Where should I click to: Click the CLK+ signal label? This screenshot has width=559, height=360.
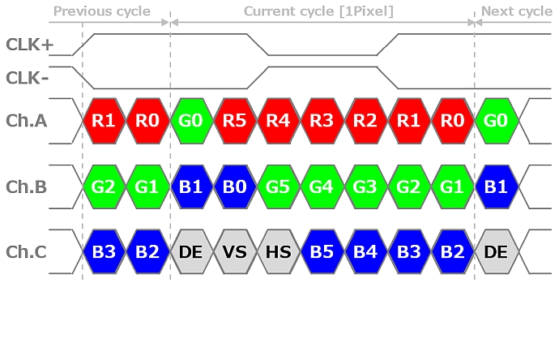click(x=30, y=45)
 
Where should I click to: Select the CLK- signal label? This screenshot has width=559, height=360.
click(x=27, y=78)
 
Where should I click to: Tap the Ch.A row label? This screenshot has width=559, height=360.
click(x=27, y=121)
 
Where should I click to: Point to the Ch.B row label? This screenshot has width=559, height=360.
click(x=27, y=186)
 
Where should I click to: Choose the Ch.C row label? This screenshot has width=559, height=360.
click(x=27, y=252)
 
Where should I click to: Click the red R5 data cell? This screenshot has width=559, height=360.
click(x=235, y=121)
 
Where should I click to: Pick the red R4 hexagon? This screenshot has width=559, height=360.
click(x=279, y=121)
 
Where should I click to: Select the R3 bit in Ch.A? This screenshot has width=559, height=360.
click(x=322, y=121)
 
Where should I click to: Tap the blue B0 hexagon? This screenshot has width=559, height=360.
click(x=235, y=186)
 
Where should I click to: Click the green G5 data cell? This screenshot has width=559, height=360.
click(x=279, y=186)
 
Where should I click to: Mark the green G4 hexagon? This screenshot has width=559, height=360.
click(x=322, y=186)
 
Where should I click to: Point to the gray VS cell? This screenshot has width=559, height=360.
click(x=235, y=252)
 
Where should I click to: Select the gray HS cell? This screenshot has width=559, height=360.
click(x=279, y=252)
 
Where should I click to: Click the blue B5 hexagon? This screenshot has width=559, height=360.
click(x=322, y=252)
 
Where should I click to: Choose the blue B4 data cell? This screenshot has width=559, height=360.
click(x=365, y=252)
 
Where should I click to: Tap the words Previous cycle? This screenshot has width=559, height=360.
click(x=102, y=11)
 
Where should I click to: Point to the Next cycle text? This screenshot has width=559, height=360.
click(x=517, y=11)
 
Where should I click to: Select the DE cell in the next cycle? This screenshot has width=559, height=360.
click(x=496, y=252)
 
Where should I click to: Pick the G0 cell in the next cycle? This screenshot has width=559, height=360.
click(x=496, y=121)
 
